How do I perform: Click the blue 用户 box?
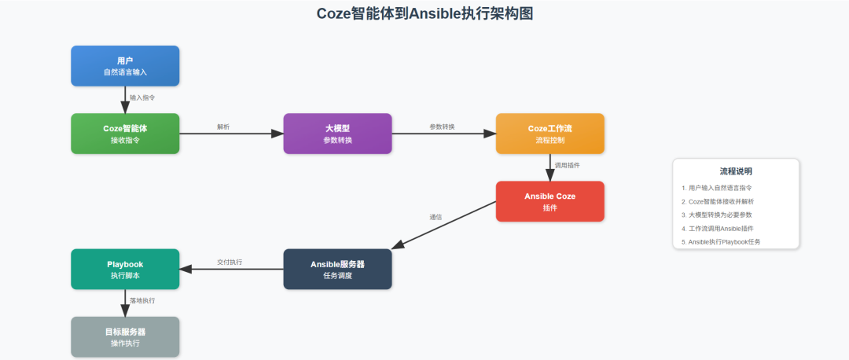(x=125, y=66)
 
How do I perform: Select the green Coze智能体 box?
(x=125, y=134)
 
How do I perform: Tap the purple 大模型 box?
(x=337, y=134)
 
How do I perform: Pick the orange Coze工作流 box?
(x=549, y=134)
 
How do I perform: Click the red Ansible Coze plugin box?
(x=549, y=201)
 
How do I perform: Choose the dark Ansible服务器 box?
(x=337, y=269)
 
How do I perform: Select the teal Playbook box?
(x=125, y=269)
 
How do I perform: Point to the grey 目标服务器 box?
(x=125, y=336)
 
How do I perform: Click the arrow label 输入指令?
(x=142, y=97)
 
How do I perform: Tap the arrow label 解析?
(x=223, y=127)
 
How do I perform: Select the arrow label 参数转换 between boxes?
(x=442, y=127)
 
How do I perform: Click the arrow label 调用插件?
(x=567, y=165)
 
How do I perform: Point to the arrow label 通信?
(x=435, y=217)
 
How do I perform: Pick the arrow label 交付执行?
(x=230, y=262)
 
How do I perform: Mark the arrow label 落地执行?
(x=142, y=300)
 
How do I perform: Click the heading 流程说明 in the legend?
(x=736, y=171)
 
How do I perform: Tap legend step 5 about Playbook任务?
(x=724, y=241)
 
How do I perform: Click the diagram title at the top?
(x=424, y=13)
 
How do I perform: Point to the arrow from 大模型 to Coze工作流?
(x=443, y=134)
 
